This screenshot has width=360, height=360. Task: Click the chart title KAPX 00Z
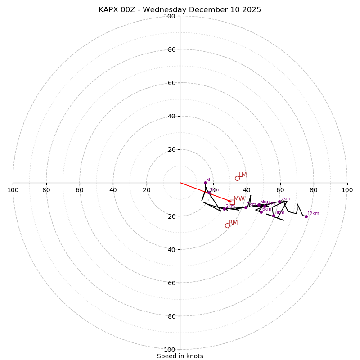180,10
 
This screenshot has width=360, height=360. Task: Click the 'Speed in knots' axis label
180,356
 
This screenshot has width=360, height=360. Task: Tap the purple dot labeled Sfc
205,183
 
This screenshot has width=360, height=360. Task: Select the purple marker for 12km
306,216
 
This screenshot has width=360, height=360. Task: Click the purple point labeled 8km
274,216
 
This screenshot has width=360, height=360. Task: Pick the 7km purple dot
280,202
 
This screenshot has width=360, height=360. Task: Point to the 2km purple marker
224,209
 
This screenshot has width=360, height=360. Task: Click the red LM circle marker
237,178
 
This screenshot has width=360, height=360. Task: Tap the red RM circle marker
227,225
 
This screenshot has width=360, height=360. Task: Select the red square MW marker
232,202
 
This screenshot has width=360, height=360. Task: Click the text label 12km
313,214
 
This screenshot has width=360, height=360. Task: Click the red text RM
233,223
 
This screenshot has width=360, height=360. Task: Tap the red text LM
243,175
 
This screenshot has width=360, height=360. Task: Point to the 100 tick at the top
170,16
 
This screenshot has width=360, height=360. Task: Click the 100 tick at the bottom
170,350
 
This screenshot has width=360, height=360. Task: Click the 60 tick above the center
171,83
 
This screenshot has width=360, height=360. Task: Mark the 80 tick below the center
171,316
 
